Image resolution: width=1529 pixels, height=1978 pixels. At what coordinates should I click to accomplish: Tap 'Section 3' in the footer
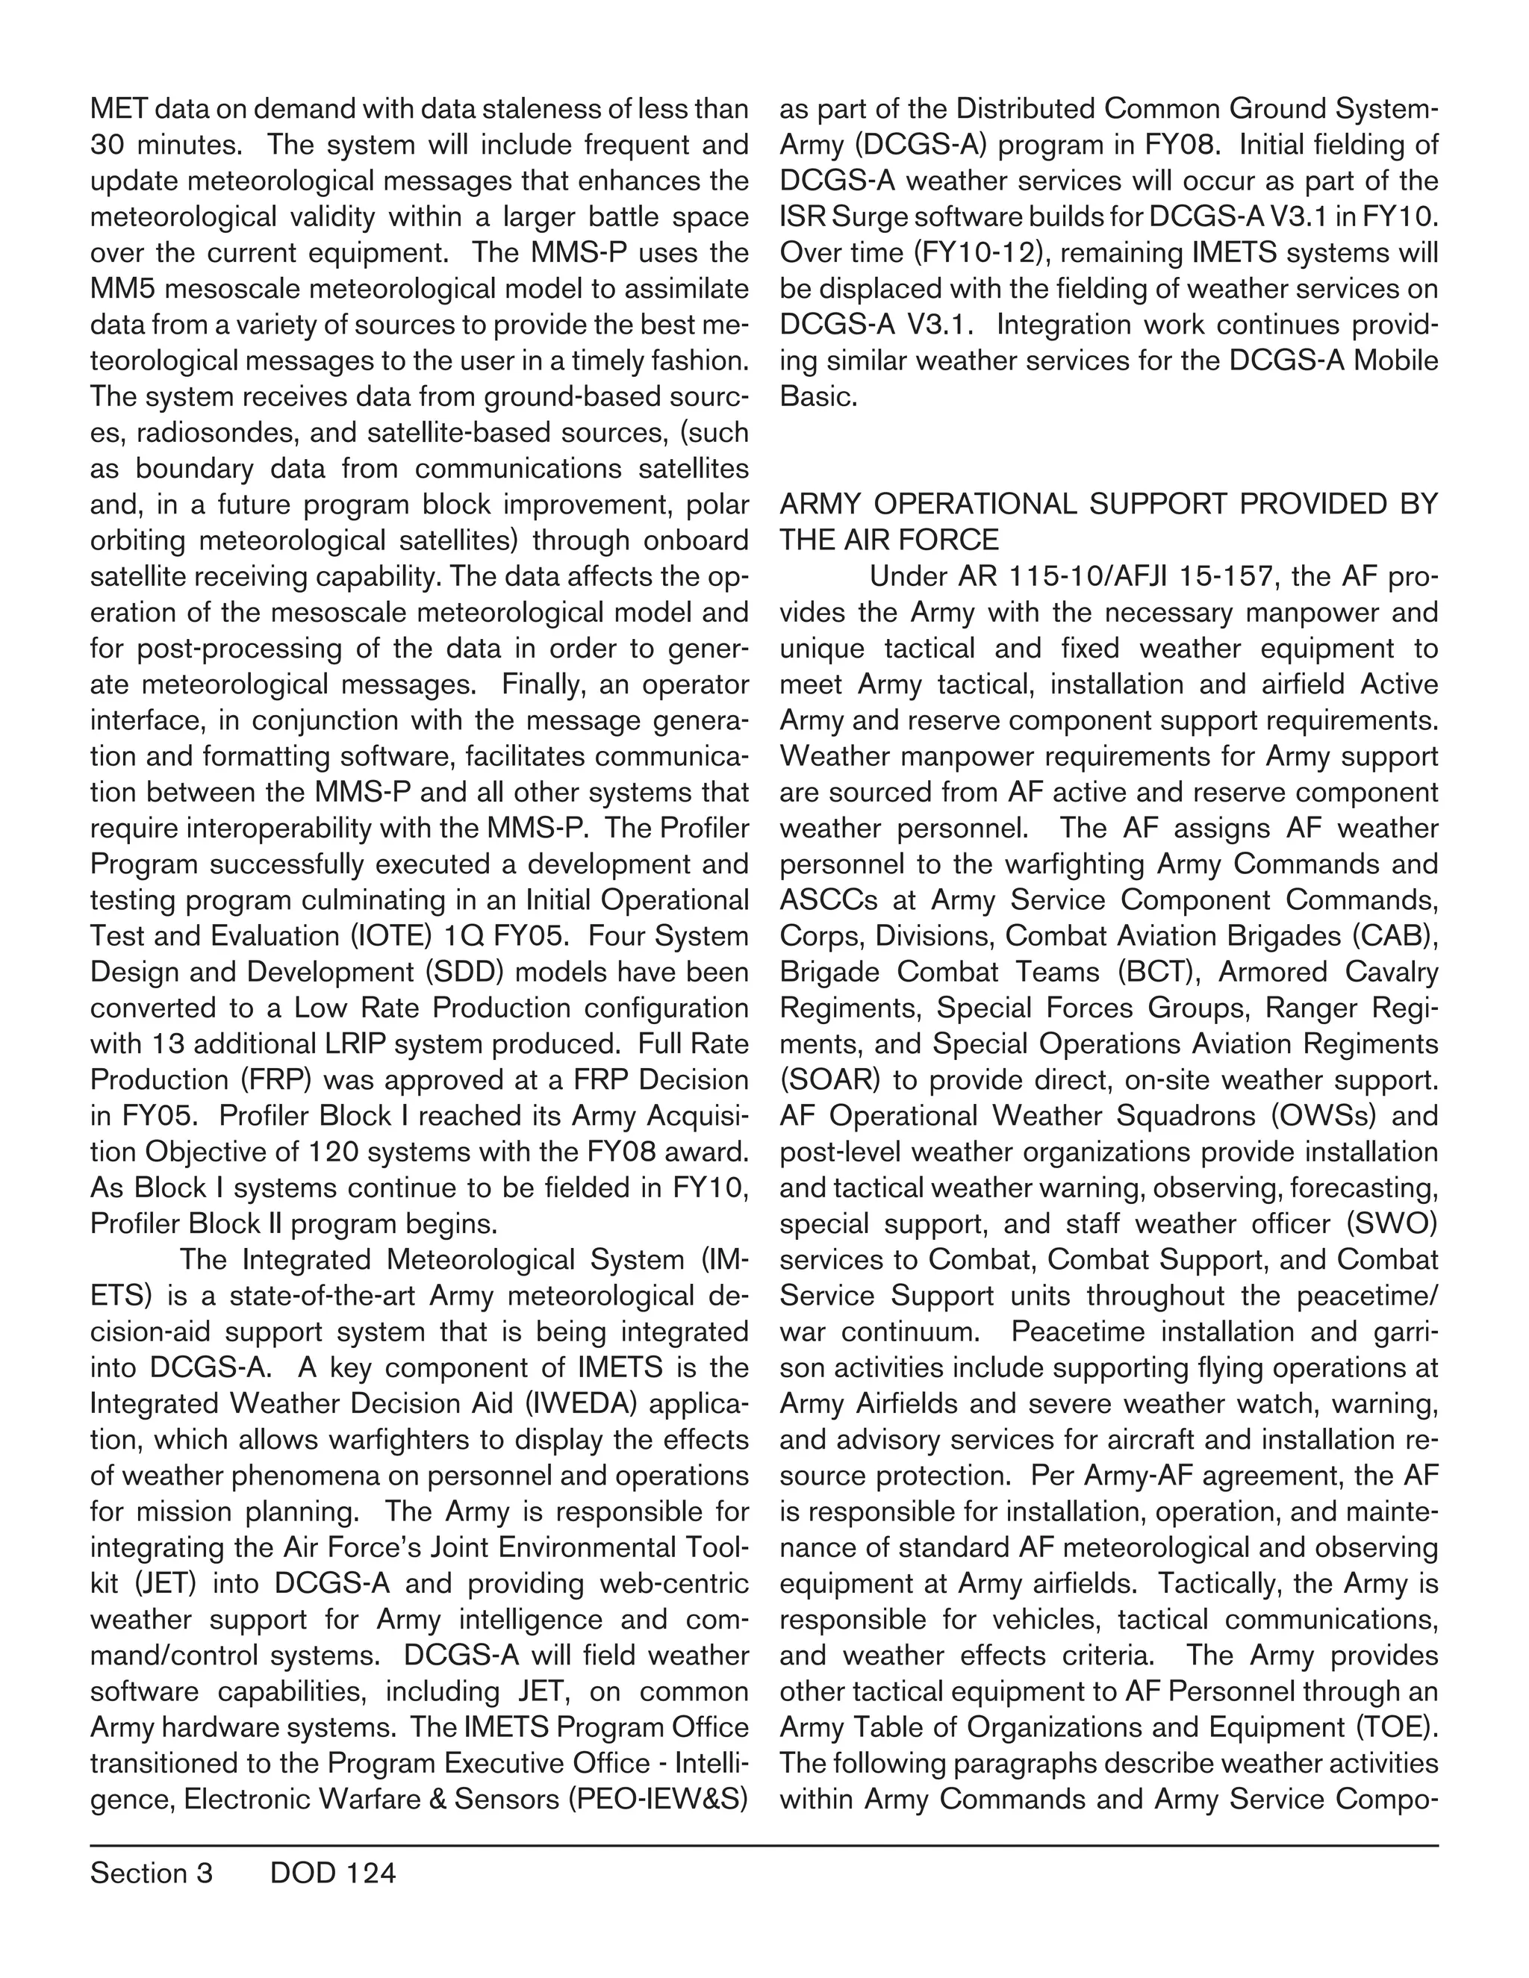pos(152,1873)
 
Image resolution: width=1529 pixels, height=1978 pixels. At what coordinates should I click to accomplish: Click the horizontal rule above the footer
pos(764,1846)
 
